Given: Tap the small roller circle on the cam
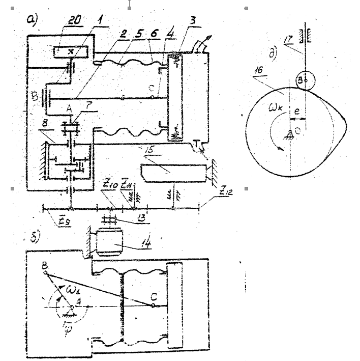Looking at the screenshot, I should point(304,80).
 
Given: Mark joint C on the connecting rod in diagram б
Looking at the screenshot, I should point(153,306).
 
